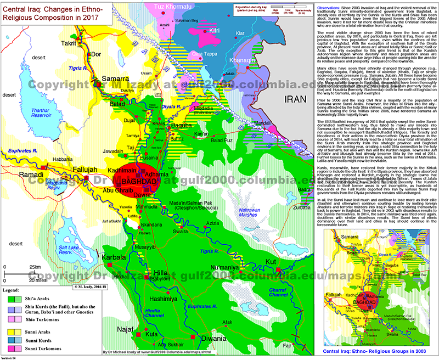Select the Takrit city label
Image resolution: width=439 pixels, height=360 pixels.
click(x=69, y=42)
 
